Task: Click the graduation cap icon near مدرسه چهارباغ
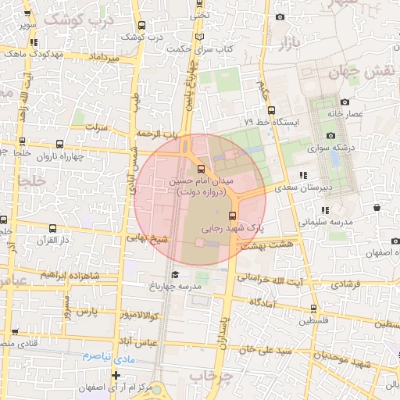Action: pyautogui.click(x=176, y=275)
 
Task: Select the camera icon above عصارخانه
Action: pyautogui.click(x=345, y=102)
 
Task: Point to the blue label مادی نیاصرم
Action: pyautogui.click(x=109, y=355)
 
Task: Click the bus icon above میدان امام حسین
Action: pyautogui.click(x=202, y=169)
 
